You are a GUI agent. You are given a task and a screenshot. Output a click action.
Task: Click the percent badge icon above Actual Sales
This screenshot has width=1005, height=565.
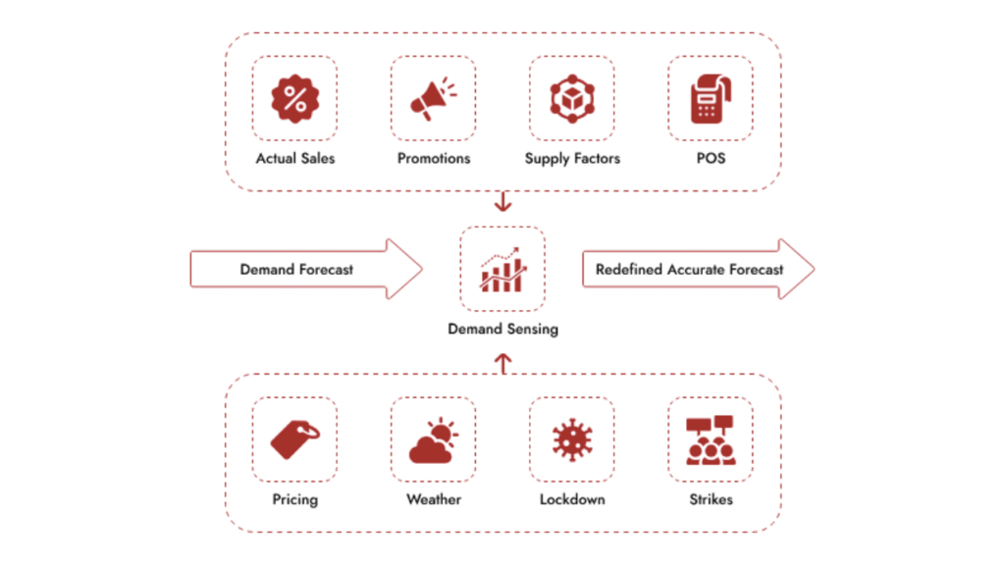[294, 98]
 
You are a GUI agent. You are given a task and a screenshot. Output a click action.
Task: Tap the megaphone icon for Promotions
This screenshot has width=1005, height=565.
[433, 98]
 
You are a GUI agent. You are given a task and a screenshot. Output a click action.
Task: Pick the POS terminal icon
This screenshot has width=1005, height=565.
[710, 98]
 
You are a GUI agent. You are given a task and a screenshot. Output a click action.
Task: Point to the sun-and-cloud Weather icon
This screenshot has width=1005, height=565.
[433, 439]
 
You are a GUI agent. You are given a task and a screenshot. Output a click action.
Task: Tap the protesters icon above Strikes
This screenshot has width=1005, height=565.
[710, 439]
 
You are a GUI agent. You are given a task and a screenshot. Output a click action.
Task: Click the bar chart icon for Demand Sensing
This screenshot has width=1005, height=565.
[502, 269]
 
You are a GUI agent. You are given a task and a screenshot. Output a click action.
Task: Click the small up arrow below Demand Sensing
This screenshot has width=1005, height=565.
[502, 364]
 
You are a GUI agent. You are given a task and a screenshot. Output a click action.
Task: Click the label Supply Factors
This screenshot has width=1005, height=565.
[572, 158]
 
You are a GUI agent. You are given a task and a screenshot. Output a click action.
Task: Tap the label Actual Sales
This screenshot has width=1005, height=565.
[294, 158]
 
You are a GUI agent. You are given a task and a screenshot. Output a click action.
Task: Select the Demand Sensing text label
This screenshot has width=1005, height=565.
[502, 330]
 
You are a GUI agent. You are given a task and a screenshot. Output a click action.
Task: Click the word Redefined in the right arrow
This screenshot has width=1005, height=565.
[629, 269]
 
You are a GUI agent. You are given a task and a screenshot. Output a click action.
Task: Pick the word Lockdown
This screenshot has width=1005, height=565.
[572, 499]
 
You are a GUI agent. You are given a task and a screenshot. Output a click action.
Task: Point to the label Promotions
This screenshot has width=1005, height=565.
[433, 158]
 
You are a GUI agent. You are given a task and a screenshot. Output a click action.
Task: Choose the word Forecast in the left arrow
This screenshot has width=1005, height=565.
[325, 269]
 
